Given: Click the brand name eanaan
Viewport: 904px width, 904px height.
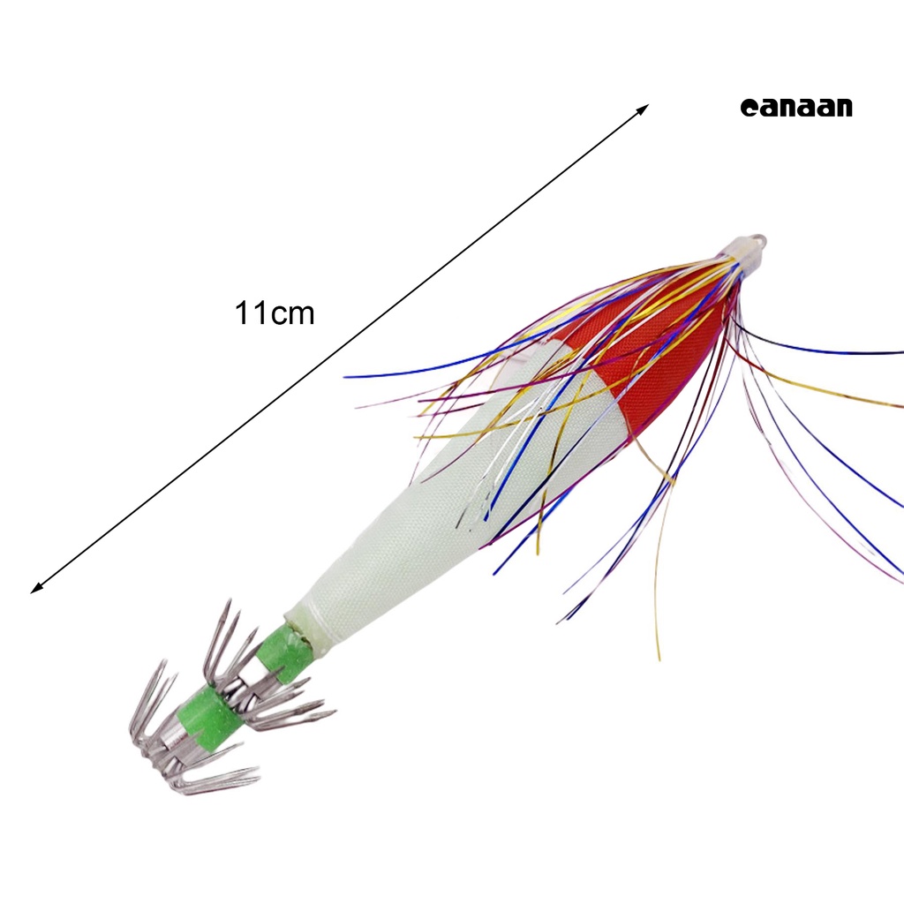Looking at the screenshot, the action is [796, 108].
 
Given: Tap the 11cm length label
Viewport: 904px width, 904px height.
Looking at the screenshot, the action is [275, 313].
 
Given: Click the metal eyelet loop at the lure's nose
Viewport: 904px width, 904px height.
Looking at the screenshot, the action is [757, 240].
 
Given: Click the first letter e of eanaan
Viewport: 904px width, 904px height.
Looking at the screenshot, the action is [748, 109].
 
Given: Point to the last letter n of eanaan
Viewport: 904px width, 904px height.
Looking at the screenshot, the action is [843, 109].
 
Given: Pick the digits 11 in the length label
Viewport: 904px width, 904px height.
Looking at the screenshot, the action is [251, 313].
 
